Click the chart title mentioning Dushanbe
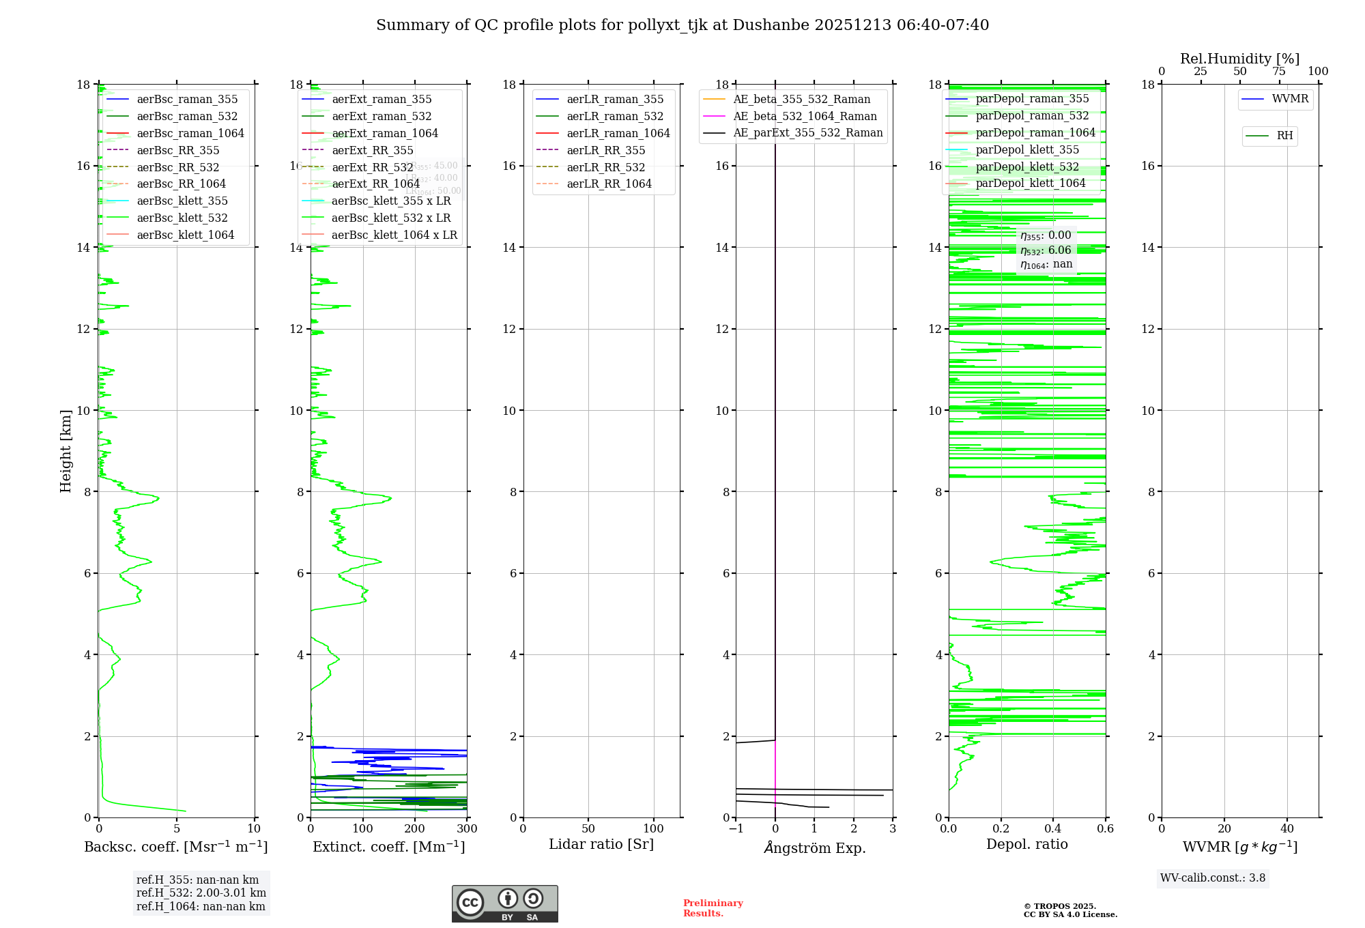(682, 25)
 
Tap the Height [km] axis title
(66, 451)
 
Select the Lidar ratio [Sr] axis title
(601, 845)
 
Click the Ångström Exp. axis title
(814, 848)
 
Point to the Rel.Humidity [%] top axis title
(1239, 59)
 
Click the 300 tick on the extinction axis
(467, 829)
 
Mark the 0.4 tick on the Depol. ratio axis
(1053, 829)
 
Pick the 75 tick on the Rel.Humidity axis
(1279, 72)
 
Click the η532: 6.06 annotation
(1046, 250)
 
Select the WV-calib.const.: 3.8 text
(1213, 878)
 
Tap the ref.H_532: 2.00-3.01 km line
(201, 893)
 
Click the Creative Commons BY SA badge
(504, 904)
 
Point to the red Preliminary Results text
(713, 908)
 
